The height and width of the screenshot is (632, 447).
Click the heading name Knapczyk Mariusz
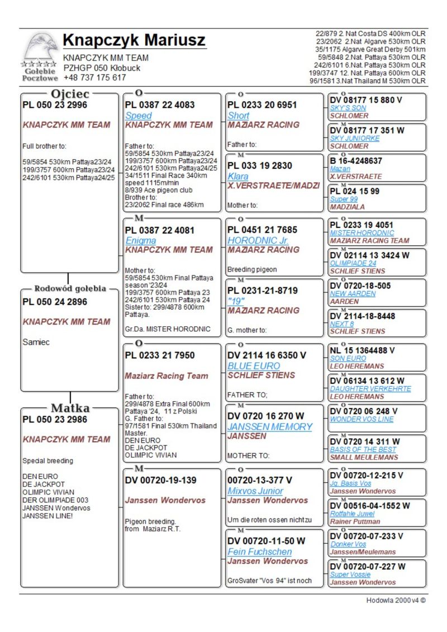click(x=134, y=40)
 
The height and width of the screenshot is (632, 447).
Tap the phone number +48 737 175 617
click(x=94, y=78)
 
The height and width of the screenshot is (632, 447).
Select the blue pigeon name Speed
click(x=139, y=115)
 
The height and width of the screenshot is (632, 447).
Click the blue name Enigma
click(x=140, y=240)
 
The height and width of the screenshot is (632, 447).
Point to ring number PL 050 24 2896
click(x=55, y=302)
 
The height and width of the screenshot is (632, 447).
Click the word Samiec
click(x=36, y=342)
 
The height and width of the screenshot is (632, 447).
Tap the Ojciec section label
click(x=70, y=94)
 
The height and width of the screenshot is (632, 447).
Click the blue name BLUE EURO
click(x=254, y=366)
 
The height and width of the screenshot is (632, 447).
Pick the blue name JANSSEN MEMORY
click(x=270, y=426)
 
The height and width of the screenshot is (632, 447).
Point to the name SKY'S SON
click(x=348, y=107)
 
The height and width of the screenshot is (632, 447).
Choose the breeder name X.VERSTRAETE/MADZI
click(x=273, y=186)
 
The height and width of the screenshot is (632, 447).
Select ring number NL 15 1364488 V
click(x=362, y=350)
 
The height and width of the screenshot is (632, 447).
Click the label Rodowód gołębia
click(x=70, y=289)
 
